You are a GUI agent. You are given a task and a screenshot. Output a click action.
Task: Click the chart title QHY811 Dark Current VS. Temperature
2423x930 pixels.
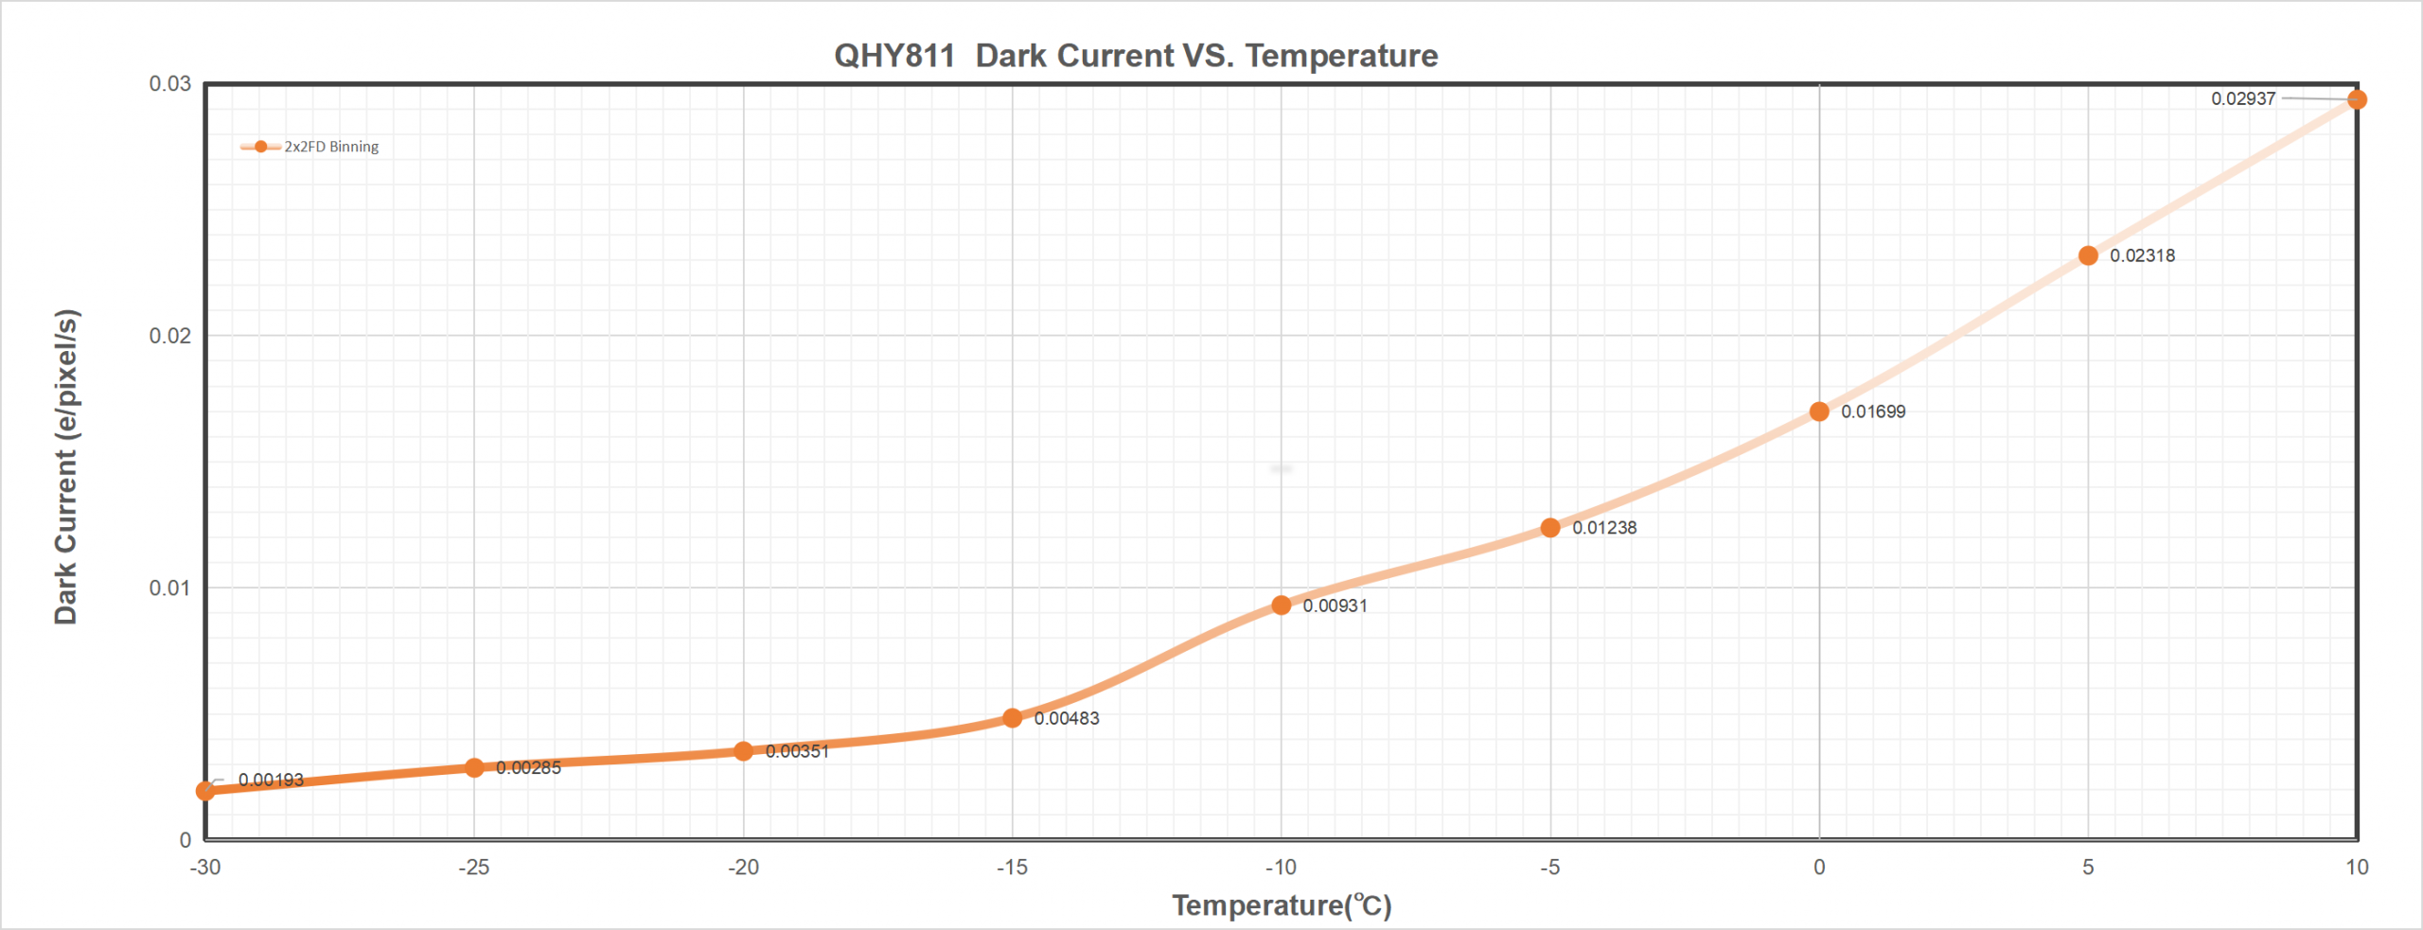pyautogui.click(x=1135, y=56)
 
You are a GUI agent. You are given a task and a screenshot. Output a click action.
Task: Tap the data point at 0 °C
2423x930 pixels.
pyautogui.click(x=1818, y=412)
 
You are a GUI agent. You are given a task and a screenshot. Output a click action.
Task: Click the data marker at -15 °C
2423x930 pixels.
pyautogui.click(x=1012, y=718)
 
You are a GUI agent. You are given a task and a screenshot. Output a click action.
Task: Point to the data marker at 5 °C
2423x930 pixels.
pyautogui.click(x=2088, y=255)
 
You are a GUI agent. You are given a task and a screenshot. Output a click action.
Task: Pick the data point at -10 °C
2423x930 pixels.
pyautogui.click(x=1281, y=605)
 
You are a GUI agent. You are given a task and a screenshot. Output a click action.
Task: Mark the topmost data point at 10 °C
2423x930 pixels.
pyautogui.click(x=2357, y=99)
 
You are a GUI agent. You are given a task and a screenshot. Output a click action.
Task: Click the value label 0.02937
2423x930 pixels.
pyautogui.click(x=2242, y=98)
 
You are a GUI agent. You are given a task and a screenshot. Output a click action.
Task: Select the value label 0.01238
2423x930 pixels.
pyautogui.click(x=1604, y=528)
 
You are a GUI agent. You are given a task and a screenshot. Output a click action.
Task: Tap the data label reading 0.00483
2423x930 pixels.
pyautogui.click(x=1067, y=718)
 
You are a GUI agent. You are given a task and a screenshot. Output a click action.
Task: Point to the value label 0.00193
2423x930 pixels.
pyautogui.click(x=271, y=780)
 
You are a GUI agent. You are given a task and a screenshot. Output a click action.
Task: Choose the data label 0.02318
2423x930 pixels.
pyautogui.click(x=2142, y=255)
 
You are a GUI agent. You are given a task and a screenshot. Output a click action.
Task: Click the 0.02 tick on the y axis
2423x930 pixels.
pyautogui.click(x=169, y=336)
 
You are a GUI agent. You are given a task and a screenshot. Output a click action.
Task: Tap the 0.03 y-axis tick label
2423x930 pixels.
pyautogui.click(x=169, y=83)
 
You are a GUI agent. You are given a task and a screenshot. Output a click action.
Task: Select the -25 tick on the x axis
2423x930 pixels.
pyautogui.click(x=473, y=867)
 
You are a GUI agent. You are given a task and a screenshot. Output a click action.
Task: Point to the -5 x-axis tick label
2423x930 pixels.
pyautogui.click(x=1549, y=867)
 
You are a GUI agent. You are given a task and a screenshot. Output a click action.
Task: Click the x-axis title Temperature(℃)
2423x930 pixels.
pyautogui.click(x=1282, y=905)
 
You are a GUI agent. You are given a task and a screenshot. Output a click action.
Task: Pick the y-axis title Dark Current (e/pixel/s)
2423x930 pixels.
pyautogui.click(x=65, y=466)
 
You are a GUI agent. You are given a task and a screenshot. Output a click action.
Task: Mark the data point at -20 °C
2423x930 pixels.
pyautogui.click(x=743, y=751)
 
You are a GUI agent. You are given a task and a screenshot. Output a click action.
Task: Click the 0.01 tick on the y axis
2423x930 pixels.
pyautogui.click(x=169, y=588)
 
